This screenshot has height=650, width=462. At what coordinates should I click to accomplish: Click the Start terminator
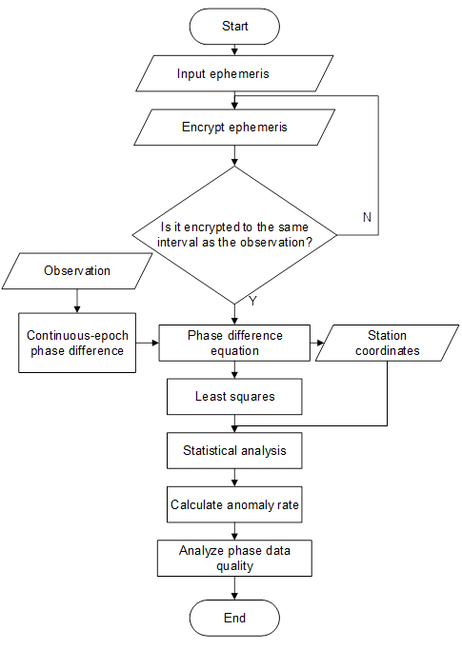(234, 27)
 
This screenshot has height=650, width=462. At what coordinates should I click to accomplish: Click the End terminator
(234, 618)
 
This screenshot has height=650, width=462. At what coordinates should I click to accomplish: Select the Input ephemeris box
(234, 73)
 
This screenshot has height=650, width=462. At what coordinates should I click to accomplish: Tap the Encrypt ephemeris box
(234, 127)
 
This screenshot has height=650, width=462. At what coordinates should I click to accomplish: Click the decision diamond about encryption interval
(234, 233)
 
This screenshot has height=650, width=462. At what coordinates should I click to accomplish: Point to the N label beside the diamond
(367, 217)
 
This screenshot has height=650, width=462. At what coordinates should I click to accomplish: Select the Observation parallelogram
(77, 271)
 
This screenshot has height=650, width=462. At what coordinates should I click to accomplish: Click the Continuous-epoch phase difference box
(77, 343)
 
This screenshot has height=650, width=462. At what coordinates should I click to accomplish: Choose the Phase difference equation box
(234, 343)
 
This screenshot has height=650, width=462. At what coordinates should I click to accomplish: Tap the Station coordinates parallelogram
(387, 343)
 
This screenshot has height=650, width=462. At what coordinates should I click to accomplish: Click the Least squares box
(234, 397)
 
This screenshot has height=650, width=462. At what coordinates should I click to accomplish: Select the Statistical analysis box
(234, 451)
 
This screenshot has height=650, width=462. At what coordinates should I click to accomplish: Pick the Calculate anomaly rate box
(234, 505)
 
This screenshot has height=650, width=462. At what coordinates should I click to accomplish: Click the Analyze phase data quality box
(234, 558)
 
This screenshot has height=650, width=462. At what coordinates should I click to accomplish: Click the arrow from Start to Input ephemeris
(234, 49)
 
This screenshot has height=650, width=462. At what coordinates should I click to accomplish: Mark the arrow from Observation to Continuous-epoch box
(77, 303)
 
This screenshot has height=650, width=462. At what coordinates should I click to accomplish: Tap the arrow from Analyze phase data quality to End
(234, 588)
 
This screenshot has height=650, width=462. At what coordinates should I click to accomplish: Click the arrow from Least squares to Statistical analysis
(234, 424)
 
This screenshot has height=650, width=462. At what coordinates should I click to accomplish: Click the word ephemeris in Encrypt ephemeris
(258, 127)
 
